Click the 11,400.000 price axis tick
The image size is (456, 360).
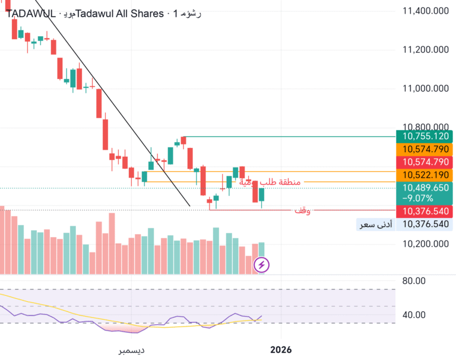click(425, 11)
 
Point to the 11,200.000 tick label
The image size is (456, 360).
click(425, 50)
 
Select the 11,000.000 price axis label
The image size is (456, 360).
click(425, 89)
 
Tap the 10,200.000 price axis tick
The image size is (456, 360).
click(425, 244)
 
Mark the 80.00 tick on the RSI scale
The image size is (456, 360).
click(413, 280)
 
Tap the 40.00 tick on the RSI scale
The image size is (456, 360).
click(413, 315)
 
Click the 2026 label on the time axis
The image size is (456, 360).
click(281, 350)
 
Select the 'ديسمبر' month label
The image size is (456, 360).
click(131, 350)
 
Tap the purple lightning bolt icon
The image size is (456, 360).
click(262, 264)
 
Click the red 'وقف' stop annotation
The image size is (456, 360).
click(303, 211)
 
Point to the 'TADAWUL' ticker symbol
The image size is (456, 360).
click(30, 14)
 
